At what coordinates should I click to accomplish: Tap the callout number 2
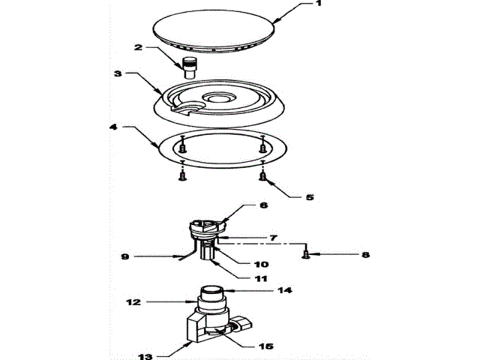[139, 47]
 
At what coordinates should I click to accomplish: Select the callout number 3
[118, 74]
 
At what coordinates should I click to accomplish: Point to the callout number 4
[113, 128]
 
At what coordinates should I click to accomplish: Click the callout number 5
[309, 198]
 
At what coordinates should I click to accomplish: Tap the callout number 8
[366, 255]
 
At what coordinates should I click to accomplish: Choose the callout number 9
[126, 256]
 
